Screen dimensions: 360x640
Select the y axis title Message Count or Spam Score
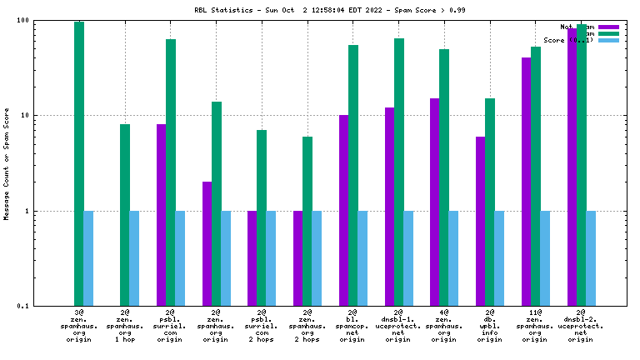click(x=7, y=163)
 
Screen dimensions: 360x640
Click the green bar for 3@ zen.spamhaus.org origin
click(x=79, y=163)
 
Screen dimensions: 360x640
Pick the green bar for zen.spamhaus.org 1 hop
click(x=125, y=215)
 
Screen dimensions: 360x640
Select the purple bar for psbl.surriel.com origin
click(x=161, y=215)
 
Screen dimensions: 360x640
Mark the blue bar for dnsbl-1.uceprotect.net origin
click(x=408, y=258)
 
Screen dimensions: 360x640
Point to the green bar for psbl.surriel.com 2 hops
click(x=262, y=217)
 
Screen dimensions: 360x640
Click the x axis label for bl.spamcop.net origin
click(x=352, y=326)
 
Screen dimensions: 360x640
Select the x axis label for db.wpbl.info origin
click(x=490, y=326)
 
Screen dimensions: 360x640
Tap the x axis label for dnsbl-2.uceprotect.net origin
click(x=581, y=326)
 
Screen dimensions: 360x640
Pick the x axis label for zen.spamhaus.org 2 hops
click(x=307, y=326)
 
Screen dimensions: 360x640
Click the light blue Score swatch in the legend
click(x=609, y=40)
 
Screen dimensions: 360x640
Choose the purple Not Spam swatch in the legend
click(x=609, y=27)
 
